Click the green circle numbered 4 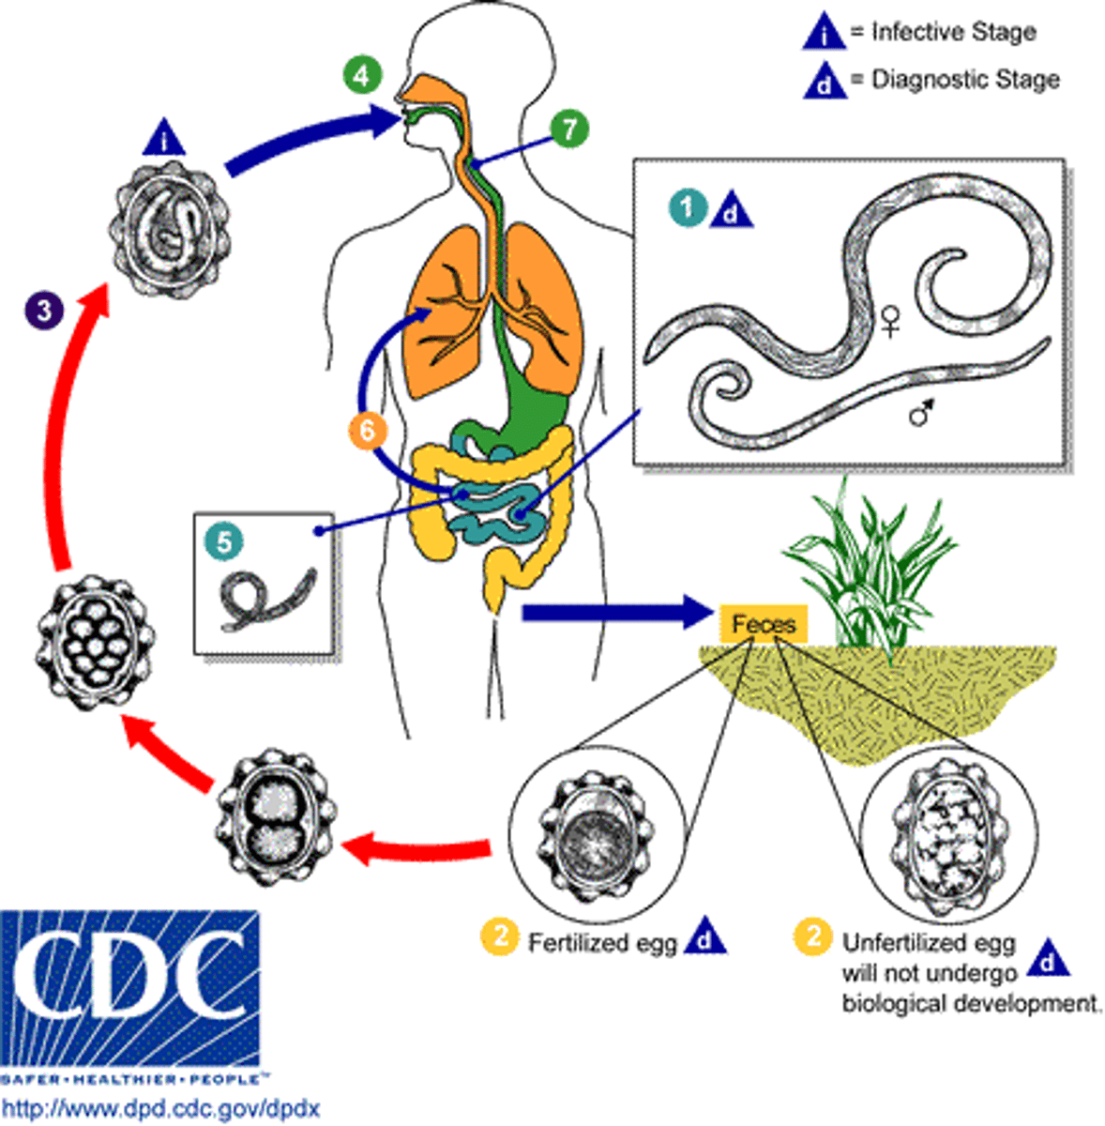(x=362, y=74)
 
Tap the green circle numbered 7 (x=569, y=129)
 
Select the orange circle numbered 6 (x=367, y=431)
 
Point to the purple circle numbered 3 (x=44, y=309)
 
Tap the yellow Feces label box (x=764, y=624)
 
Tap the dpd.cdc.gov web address (x=160, y=1108)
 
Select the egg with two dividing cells (x=275, y=811)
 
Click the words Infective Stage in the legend (x=953, y=32)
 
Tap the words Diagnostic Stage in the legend (x=964, y=80)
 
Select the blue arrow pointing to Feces (x=614, y=613)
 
